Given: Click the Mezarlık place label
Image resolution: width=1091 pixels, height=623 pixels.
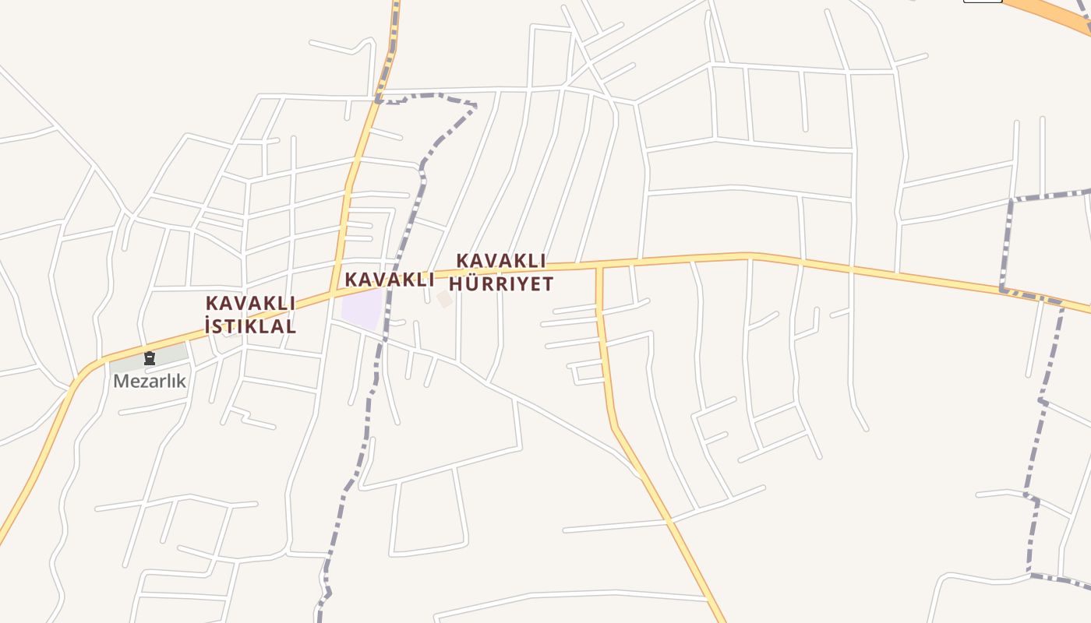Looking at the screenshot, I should click(x=150, y=381).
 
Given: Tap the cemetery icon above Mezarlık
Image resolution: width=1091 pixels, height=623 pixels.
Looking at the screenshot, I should click(x=150, y=358).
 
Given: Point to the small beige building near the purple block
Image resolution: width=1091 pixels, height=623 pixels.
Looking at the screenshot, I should click(x=444, y=299).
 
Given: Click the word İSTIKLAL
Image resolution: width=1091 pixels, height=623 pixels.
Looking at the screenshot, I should click(x=250, y=326).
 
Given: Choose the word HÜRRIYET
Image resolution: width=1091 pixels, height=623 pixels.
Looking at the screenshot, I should click(x=501, y=283).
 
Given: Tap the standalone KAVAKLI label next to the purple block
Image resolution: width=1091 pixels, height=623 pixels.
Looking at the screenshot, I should click(x=389, y=280).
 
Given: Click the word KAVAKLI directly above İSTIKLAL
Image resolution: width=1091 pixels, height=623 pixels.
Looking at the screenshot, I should click(x=250, y=303).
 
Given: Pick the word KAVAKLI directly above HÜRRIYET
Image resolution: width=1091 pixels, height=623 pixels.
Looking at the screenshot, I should click(x=501, y=260).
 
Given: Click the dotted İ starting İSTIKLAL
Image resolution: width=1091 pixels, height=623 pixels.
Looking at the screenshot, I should click(x=208, y=326).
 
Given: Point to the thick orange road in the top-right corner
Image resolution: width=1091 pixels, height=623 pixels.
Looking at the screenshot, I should click(x=1052, y=11).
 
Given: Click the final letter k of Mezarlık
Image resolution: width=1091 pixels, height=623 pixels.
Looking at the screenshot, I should click(x=182, y=381).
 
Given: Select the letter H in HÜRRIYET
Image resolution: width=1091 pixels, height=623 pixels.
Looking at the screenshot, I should click(x=457, y=283).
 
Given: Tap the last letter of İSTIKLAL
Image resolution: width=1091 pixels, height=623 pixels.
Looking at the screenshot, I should click(x=290, y=326).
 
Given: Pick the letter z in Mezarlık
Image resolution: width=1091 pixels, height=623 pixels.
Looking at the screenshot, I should click(x=149, y=382).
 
